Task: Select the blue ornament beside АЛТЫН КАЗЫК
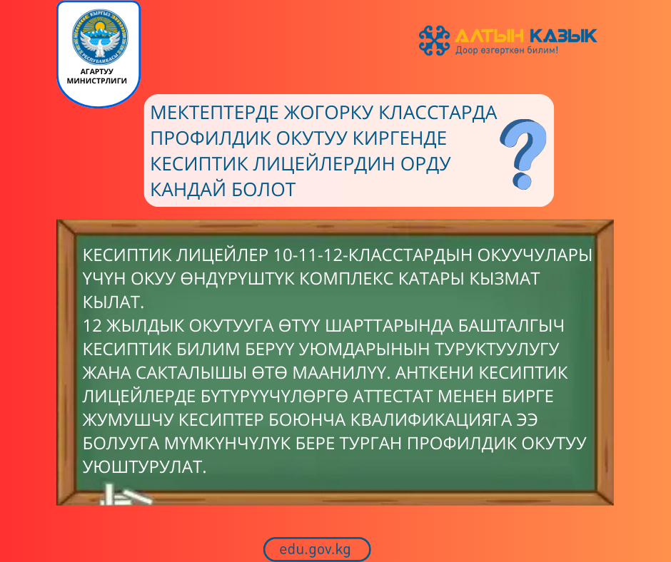point(435,40)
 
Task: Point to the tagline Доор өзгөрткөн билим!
point(507,51)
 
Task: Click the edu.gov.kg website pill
point(316,549)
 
